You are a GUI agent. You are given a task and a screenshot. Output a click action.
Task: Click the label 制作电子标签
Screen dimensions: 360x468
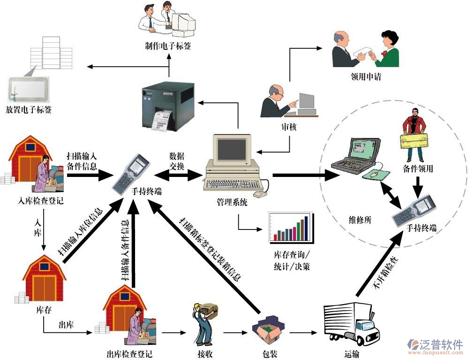[x=168, y=46]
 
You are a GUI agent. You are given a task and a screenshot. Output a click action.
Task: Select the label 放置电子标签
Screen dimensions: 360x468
[x=29, y=110]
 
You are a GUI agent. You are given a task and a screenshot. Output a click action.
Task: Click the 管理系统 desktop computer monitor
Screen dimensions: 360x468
[x=232, y=150]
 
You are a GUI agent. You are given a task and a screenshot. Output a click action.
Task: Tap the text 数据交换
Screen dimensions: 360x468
[x=177, y=160]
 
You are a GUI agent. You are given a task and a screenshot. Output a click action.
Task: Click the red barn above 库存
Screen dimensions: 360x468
[x=44, y=279]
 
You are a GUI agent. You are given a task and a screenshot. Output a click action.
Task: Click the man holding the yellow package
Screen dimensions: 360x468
[x=414, y=134]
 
